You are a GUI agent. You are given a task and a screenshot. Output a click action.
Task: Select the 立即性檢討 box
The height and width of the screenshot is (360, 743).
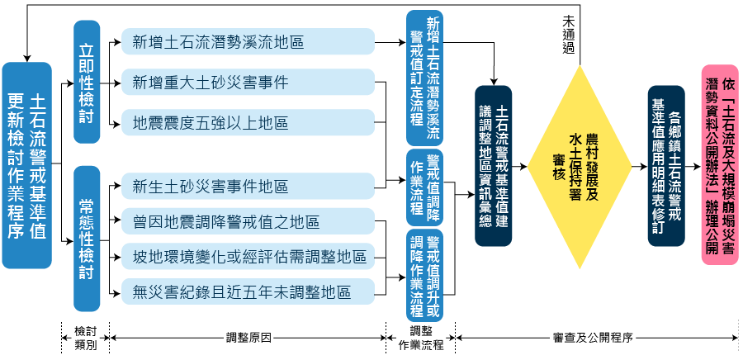[87, 80]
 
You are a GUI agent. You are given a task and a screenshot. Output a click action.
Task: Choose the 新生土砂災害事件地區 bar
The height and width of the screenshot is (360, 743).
[248, 187]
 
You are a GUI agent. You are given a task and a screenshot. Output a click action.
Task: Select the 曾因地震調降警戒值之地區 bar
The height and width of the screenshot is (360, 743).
[248, 223]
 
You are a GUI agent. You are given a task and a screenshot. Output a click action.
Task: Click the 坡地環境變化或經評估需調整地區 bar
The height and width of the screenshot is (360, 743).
[248, 258]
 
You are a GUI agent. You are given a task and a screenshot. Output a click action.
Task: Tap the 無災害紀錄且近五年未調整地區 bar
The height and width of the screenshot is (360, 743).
[248, 292]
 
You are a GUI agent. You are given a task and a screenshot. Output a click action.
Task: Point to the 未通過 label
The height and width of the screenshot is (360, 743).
[568, 34]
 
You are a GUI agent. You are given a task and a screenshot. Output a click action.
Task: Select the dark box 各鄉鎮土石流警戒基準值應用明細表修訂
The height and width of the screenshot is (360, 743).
[666, 165]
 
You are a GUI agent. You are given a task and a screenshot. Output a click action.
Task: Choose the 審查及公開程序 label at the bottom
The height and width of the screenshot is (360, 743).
[592, 338]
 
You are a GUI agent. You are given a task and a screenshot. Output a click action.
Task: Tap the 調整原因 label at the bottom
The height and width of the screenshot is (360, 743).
[248, 338]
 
